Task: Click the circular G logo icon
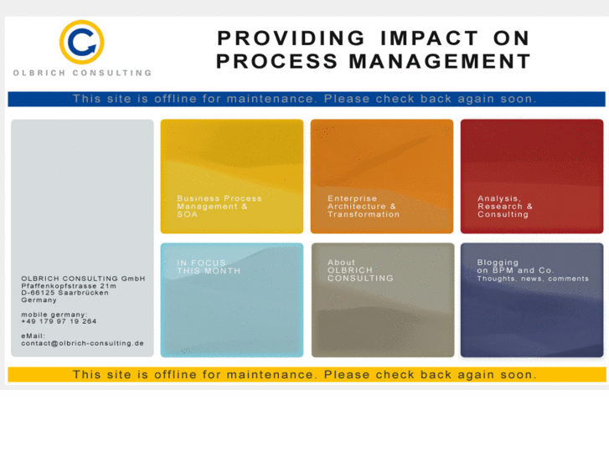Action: [81, 42]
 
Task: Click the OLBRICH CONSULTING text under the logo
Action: [82, 73]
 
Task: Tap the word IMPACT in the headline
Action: [428, 38]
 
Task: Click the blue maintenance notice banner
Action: [305, 99]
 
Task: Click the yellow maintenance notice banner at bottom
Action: [305, 374]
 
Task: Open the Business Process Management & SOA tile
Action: [232, 177]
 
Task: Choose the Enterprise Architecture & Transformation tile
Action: [382, 177]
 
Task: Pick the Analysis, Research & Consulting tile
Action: [532, 177]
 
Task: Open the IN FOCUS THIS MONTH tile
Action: [232, 300]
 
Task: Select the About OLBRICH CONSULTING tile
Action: [382, 300]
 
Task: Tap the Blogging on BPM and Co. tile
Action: [532, 300]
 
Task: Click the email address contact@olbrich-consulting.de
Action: [82, 343]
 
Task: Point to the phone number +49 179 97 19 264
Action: [59, 321]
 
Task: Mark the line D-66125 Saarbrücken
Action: [65, 293]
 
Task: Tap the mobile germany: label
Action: [54, 315]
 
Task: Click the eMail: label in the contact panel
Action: [34, 336]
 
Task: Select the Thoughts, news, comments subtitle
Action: [533, 279]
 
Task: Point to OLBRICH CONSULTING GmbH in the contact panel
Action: [83, 279]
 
